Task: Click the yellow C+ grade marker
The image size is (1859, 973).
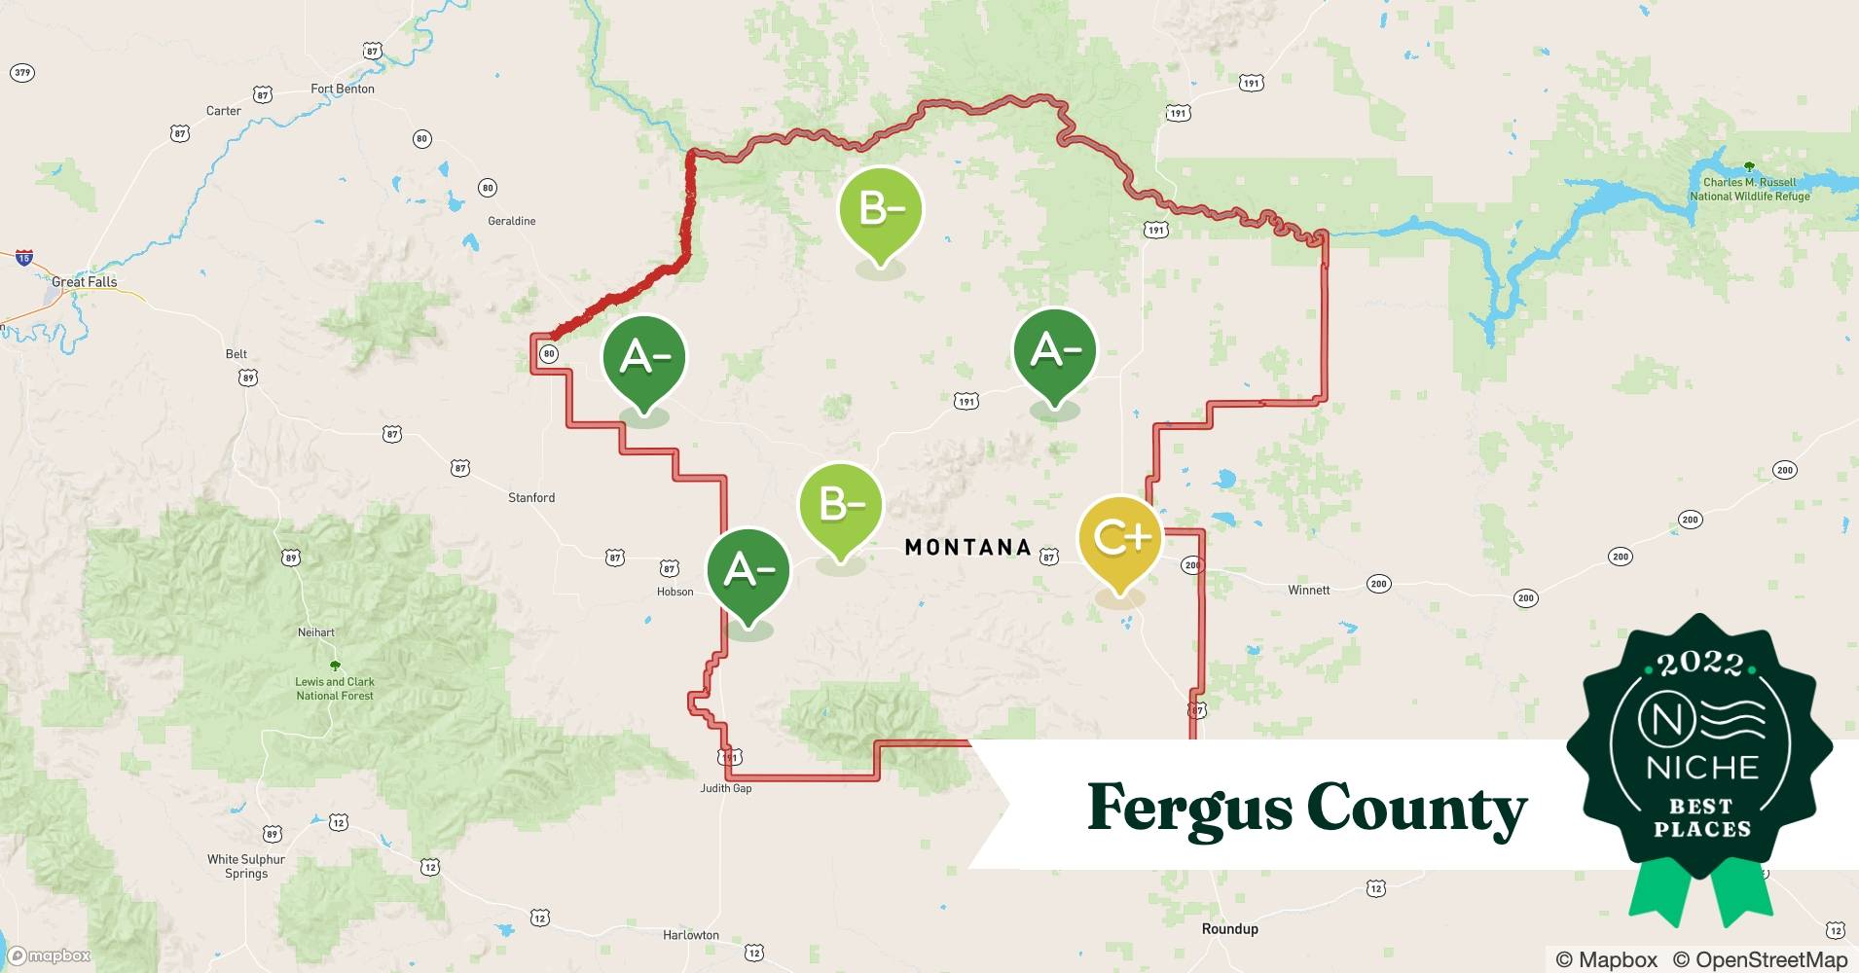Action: click(x=1119, y=538)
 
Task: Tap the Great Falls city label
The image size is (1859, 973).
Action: click(x=85, y=282)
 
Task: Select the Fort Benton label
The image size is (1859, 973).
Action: click(x=343, y=89)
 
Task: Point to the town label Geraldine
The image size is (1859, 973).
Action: click(x=512, y=221)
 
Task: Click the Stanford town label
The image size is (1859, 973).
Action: click(x=531, y=497)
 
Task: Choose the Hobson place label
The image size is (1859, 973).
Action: click(x=674, y=592)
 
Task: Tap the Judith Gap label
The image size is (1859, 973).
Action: click(x=726, y=788)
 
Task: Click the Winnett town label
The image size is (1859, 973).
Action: click(x=1308, y=590)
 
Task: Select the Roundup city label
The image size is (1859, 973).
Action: click(x=1229, y=928)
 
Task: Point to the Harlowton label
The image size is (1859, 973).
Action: click(x=691, y=935)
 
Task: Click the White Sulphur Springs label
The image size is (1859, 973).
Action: click(x=246, y=866)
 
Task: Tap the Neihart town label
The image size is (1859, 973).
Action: click(x=316, y=632)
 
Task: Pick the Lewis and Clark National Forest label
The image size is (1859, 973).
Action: click(x=335, y=688)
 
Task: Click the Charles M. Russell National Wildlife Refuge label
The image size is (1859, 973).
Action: click(x=1749, y=189)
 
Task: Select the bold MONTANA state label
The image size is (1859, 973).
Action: click(x=967, y=548)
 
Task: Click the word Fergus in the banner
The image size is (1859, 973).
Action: click(x=1188, y=809)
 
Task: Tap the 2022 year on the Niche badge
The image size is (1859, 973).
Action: click(x=1700, y=663)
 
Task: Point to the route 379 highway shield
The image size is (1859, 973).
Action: click(x=21, y=73)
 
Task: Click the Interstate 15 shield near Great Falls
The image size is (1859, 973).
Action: click(x=24, y=258)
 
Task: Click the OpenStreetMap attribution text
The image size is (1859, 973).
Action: click(x=1760, y=959)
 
